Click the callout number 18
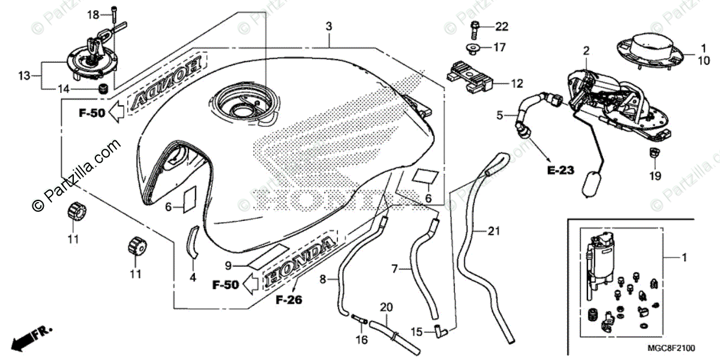93,14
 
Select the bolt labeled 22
475,26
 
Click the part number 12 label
517,85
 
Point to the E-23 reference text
561,170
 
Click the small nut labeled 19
654,154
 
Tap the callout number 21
494,231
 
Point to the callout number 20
387,307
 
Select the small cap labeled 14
103,89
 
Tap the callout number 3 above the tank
328,26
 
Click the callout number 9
228,265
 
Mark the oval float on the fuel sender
591,182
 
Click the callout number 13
24,76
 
